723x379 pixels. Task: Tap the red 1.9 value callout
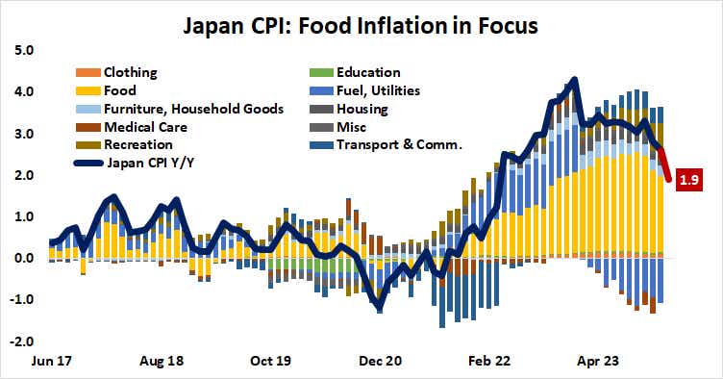tap(688, 179)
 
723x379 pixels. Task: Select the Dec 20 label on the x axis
tap(381, 365)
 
